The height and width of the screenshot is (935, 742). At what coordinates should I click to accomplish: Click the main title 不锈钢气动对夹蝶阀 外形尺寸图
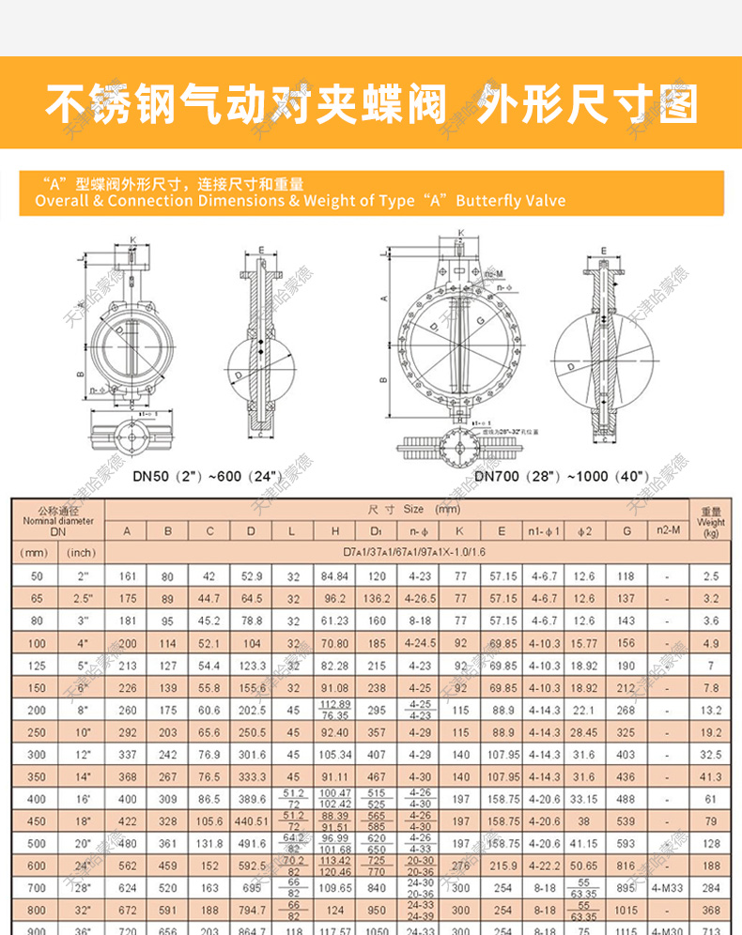(371, 105)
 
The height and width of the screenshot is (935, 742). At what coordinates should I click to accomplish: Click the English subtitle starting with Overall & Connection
(301, 201)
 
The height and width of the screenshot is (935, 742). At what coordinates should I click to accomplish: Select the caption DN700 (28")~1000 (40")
(561, 475)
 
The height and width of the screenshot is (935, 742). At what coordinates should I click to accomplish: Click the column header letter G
(626, 531)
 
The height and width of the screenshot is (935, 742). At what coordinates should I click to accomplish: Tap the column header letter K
(460, 531)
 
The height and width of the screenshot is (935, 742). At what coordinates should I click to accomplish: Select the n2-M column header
(668, 531)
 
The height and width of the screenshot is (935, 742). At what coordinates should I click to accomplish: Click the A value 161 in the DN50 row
(128, 575)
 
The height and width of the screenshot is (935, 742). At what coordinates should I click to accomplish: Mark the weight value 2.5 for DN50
(711, 575)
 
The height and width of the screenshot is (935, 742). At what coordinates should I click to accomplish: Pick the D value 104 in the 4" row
(251, 644)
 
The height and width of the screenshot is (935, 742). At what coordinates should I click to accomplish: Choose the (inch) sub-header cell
(82, 552)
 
